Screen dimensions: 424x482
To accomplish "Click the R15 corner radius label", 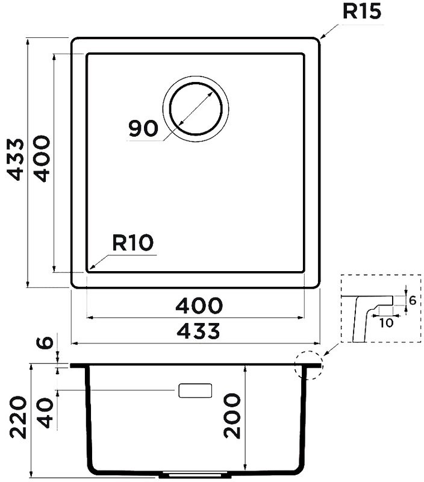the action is tap(361, 11).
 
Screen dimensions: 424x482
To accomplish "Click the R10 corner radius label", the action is tap(132, 243).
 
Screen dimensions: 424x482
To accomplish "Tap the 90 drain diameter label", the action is tap(143, 129).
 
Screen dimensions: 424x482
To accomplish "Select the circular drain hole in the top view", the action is tap(196, 108).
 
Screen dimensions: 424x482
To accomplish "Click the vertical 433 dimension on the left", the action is tap(16, 159).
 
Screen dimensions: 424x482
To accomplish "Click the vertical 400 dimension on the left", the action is tap(41, 158).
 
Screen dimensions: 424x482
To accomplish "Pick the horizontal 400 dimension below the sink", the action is tap(199, 305).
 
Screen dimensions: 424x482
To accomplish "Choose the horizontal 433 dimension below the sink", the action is tap(199, 331).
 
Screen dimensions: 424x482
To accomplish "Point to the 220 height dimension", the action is tap(18, 417).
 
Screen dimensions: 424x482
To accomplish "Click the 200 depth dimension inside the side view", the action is tap(232, 416).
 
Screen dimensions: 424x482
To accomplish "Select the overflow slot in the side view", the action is tap(195, 390).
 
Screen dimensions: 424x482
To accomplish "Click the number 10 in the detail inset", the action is tap(386, 323).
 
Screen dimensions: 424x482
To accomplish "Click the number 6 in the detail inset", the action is tap(413, 300).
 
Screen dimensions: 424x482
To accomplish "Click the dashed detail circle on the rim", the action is tap(309, 365).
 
